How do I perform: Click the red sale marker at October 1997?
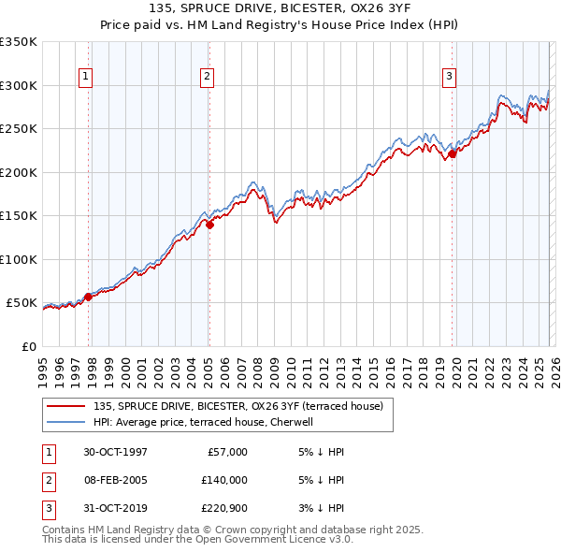(89, 297)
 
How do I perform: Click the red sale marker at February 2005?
(209, 225)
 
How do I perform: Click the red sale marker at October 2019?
(453, 154)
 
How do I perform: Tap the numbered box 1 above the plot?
(85, 77)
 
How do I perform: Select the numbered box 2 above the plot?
(207, 77)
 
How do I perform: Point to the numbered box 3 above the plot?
(449, 77)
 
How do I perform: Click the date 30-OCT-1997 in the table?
(115, 452)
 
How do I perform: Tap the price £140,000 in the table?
(223, 480)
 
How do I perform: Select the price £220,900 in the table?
(223, 508)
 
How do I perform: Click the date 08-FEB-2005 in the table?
(115, 480)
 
